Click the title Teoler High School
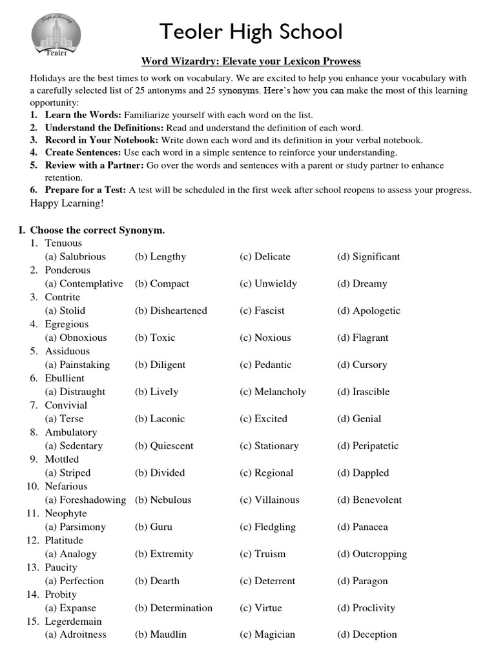(251, 31)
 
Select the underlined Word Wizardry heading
(251, 61)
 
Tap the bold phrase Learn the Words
(82, 115)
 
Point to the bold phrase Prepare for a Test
(86, 190)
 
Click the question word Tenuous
(63, 243)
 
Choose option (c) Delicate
(265, 257)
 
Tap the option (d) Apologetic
(369, 311)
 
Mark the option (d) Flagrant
(363, 338)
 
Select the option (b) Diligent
(160, 365)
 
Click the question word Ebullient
(65, 378)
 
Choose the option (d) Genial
(359, 419)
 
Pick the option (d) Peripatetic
(368, 446)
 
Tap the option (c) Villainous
(269, 500)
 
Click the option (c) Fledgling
(267, 527)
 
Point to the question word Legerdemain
(73, 622)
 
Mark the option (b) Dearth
(157, 581)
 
